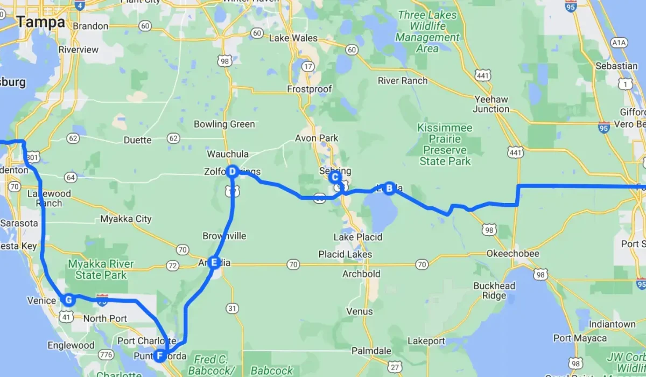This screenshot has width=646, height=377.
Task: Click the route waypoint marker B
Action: [x=389, y=188]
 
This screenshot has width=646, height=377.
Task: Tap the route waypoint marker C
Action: [x=334, y=177]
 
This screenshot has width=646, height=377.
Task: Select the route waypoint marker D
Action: [x=232, y=172]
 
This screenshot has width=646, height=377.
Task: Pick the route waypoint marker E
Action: [x=214, y=263]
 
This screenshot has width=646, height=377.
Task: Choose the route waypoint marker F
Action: [x=160, y=355]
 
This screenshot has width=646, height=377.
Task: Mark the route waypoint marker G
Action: [x=68, y=300]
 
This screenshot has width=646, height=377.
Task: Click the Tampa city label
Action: [x=40, y=23]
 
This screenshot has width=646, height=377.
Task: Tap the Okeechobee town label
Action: [x=495, y=253]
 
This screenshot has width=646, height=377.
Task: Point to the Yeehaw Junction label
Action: [x=491, y=104]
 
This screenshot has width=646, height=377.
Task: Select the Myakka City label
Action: [x=126, y=219]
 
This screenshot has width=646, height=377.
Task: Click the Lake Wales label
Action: [x=293, y=38]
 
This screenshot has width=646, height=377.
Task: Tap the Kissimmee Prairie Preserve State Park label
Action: [x=445, y=144]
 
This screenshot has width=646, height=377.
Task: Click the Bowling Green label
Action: [x=224, y=124]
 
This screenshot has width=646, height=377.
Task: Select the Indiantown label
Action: [x=612, y=324]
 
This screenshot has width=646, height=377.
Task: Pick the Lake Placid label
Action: [x=357, y=237]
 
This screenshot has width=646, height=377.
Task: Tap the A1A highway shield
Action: [x=617, y=42]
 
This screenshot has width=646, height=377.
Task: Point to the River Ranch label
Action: [x=403, y=81]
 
